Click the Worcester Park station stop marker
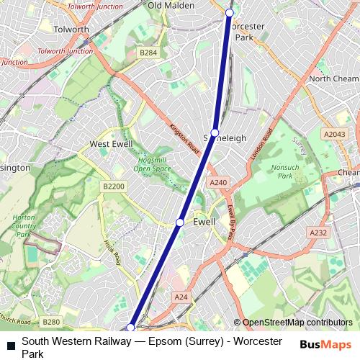tap(230, 13)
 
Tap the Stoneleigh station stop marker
tap(215, 133)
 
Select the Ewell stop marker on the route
tap(180, 222)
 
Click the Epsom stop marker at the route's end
tap(130, 328)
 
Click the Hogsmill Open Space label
tap(152, 164)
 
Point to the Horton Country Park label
tap(24, 224)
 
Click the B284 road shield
tap(148, 53)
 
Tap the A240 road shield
tap(219, 183)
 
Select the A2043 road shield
tap(334, 134)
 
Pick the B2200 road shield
tap(112, 186)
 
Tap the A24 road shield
tap(181, 297)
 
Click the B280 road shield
tap(50, 322)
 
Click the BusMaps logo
tap(326, 344)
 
